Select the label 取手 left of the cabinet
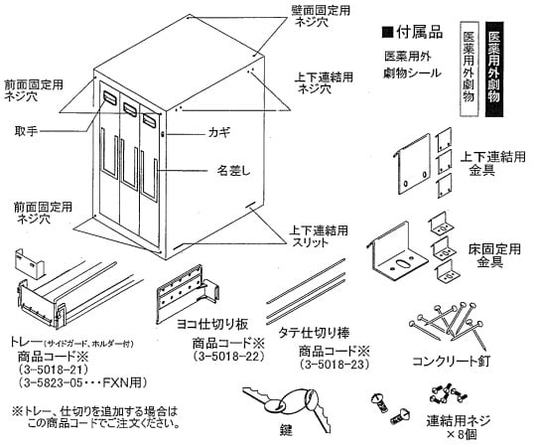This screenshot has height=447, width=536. pyautogui.click(x=27, y=130)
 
